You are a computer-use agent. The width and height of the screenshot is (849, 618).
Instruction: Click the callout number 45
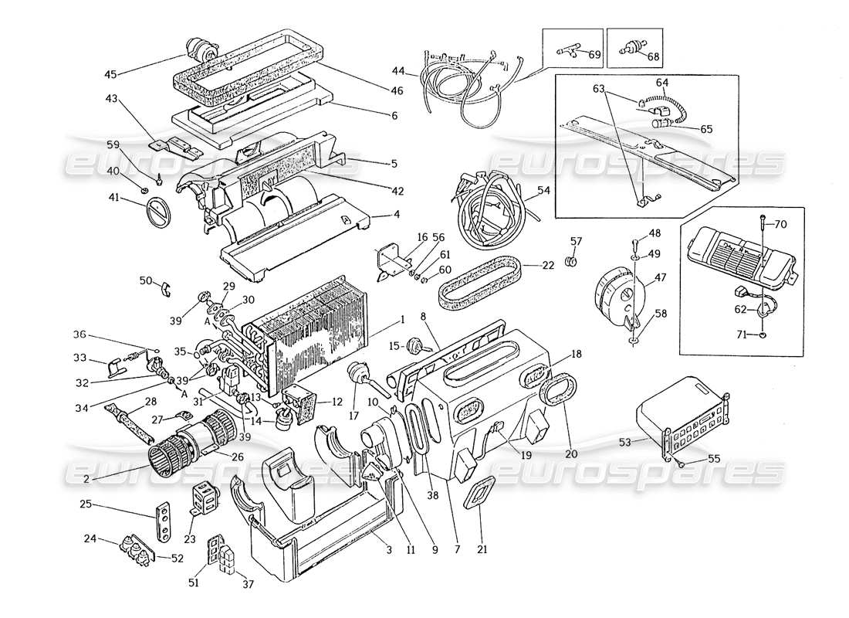point(112,75)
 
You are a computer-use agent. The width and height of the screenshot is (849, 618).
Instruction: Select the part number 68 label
point(654,56)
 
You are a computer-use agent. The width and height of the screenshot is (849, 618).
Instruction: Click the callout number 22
point(547,266)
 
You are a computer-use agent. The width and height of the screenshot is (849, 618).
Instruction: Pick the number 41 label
point(114,199)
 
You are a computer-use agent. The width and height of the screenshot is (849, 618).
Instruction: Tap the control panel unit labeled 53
point(679,417)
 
